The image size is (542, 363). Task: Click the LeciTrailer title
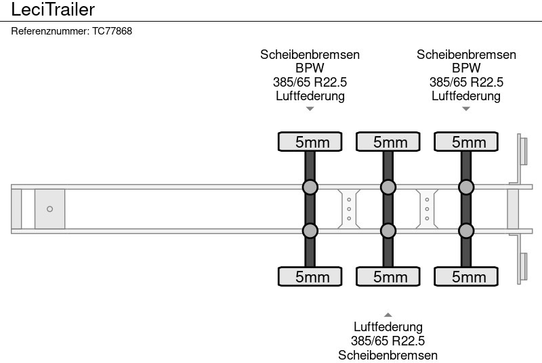(x=53, y=9)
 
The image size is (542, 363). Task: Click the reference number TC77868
(x=72, y=31)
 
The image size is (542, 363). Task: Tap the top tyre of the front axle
(x=310, y=142)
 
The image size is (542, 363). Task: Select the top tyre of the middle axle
(x=388, y=142)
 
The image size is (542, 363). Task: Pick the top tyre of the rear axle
(x=465, y=142)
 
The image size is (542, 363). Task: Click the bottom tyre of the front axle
(x=310, y=276)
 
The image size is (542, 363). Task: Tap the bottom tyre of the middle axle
(x=388, y=276)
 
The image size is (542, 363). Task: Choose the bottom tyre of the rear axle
(x=465, y=276)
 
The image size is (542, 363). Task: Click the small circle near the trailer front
(x=49, y=209)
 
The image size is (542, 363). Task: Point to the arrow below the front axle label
(x=310, y=108)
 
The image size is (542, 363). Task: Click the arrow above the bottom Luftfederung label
(x=388, y=314)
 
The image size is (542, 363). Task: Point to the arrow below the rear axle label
(x=465, y=108)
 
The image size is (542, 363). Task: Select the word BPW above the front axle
(x=310, y=68)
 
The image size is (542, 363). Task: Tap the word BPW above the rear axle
(x=465, y=68)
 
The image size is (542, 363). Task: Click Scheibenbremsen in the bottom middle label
(x=388, y=355)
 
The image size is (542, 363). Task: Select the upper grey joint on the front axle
(x=310, y=187)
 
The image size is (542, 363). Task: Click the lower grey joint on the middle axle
(x=388, y=231)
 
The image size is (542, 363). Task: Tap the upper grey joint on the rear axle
(x=465, y=187)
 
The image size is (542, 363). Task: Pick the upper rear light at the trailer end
(x=522, y=150)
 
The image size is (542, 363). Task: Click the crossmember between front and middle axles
(x=348, y=209)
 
